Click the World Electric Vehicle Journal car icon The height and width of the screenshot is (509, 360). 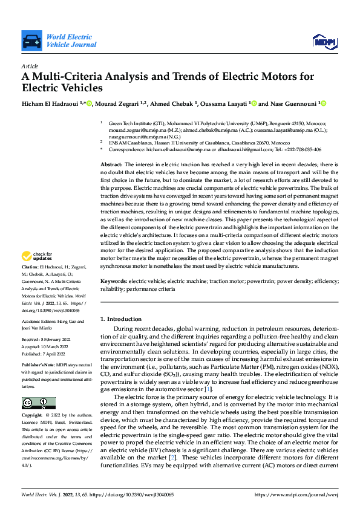point(31,41)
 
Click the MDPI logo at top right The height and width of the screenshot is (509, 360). point(324,41)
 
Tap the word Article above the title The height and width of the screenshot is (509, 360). point(29,65)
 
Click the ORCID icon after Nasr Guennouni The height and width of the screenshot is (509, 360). point(323,104)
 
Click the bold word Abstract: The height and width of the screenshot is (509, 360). point(111,164)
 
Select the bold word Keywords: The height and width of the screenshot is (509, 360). point(114,282)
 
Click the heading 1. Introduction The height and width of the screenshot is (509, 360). point(120,319)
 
